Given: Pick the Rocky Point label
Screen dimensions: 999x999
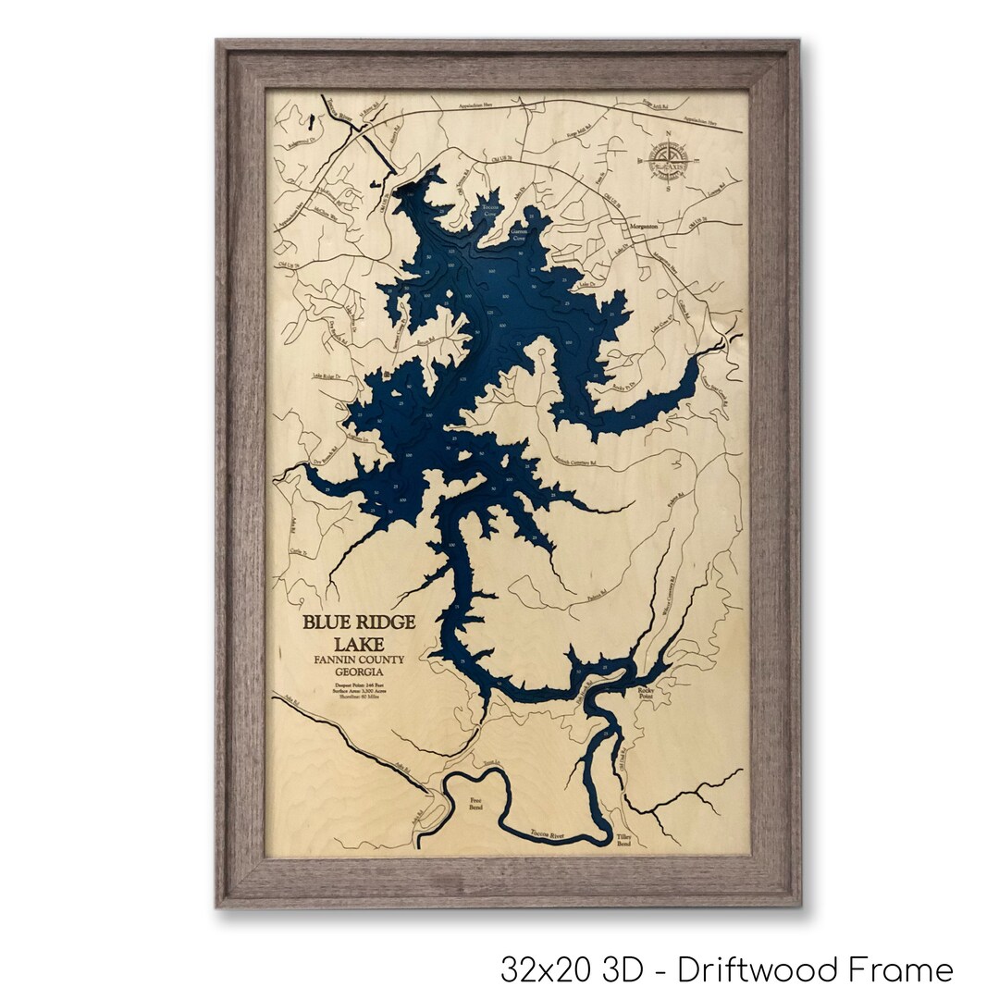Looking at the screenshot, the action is [645, 693].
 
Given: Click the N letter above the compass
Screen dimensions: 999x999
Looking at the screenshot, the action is [668, 133].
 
